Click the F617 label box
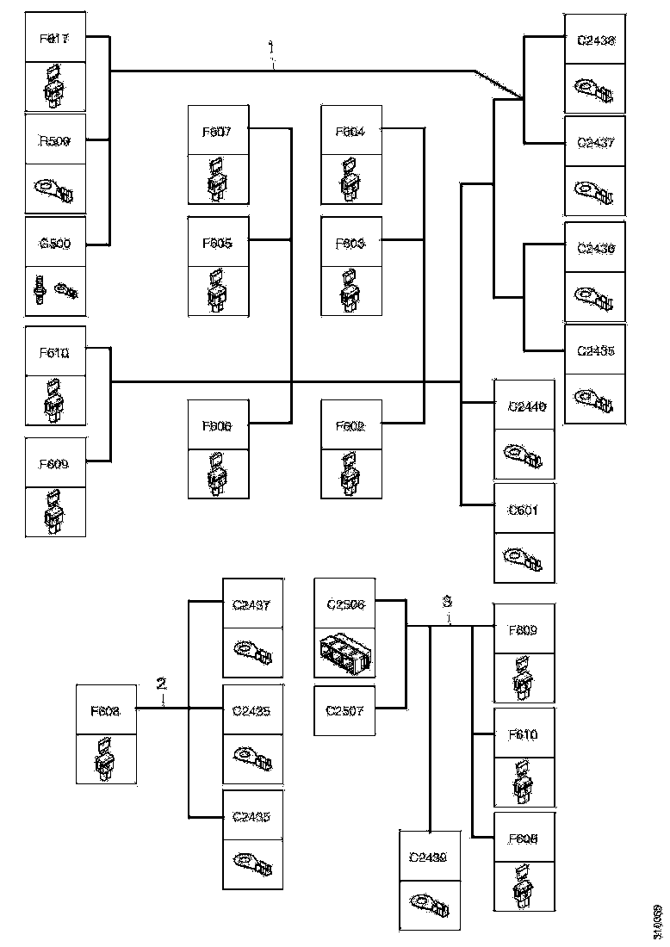point(55,39)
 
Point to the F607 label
point(217,132)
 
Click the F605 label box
point(217,242)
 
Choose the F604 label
point(350,132)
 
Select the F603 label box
point(350,243)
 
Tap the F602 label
point(350,425)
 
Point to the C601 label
point(524,509)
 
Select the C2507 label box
point(346,711)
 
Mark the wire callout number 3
point(447,600)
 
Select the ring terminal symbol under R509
point(53,189)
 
